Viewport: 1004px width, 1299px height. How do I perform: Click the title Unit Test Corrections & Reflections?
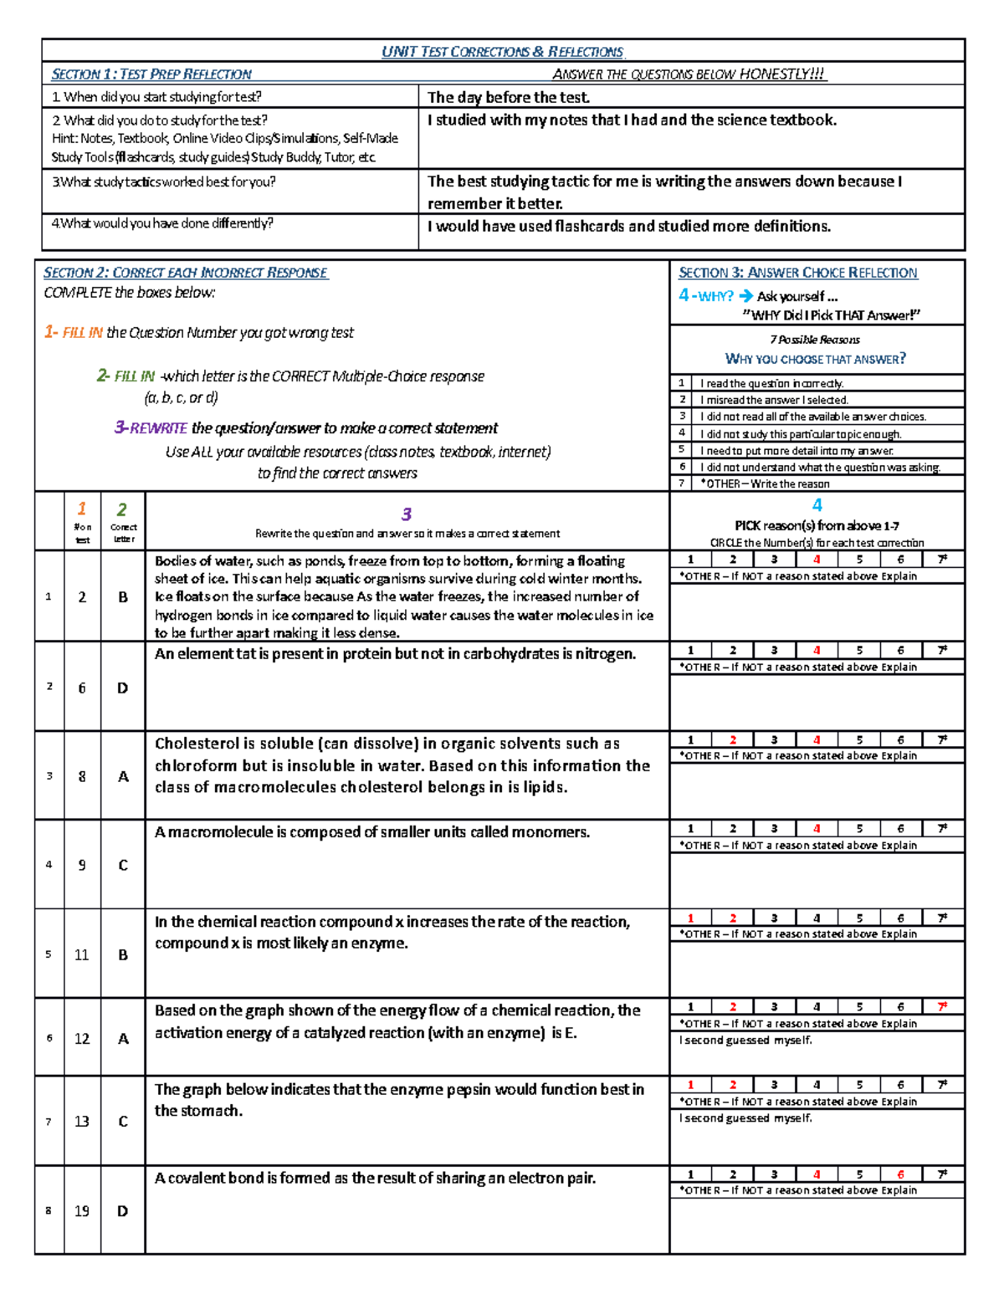(503, 52)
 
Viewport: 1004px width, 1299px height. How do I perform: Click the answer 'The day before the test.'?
(509, 98)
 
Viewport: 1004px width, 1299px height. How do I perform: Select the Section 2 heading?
(185, 273)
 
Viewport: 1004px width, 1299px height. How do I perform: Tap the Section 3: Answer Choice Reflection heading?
(797, 273)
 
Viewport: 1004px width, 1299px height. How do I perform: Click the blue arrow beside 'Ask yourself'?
(746, 296)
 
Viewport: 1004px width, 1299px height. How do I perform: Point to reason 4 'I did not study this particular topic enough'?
(800, 434)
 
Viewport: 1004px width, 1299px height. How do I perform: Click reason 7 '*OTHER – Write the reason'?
(764, 483)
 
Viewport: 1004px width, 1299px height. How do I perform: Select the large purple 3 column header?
(407, 514)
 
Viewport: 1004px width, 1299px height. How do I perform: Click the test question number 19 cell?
(82, 1211)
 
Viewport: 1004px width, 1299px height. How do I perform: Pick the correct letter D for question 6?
(122, 688)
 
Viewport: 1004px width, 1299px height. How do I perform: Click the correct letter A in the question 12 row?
(123, 1039)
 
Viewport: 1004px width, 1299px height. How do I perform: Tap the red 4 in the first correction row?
(817, 560)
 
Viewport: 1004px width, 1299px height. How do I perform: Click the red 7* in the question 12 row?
(942, 1007)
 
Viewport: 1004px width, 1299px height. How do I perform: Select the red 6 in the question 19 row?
(900, 1174)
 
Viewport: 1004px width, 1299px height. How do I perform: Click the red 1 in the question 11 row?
(690, 918)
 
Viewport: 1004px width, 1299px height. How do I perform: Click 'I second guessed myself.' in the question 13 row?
(745, 1118)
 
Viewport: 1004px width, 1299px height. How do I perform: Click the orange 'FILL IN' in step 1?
(83, 333)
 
